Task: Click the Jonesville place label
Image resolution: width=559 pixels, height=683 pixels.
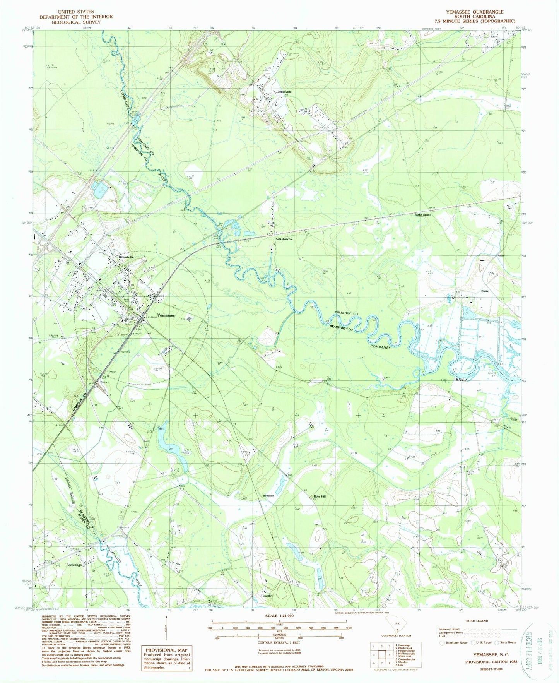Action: [x=284, y=92]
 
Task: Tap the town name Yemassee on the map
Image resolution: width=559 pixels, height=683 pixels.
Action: [x=166, y=315]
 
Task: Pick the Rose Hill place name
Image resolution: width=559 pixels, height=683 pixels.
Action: [x=320, y=496]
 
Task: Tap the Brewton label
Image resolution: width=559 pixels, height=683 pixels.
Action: [x=268, y=496]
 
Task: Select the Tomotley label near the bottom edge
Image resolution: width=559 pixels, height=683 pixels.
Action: [x=267, y=596]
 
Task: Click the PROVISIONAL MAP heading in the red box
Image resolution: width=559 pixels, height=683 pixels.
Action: [x=166, y=650]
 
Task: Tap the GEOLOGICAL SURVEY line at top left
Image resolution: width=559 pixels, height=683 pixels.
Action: [x=76, y=21]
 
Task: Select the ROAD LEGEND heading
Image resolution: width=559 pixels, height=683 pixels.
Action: [x=477, y=621]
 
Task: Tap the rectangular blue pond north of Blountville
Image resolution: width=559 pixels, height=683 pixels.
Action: [x=100, y=190]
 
